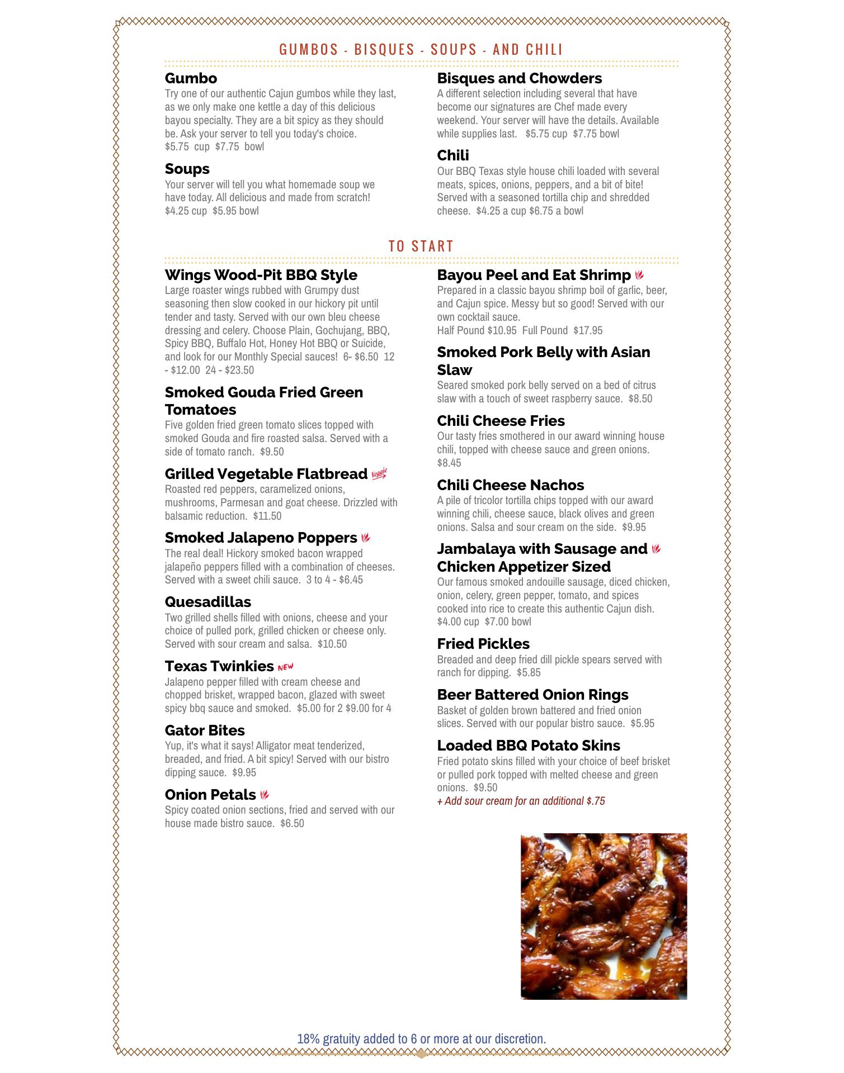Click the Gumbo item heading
click(191, 78)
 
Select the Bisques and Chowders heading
click(519, 78)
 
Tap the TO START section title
click(421, 246)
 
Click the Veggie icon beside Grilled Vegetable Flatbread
click(379, 474)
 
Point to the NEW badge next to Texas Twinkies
click(285, 667)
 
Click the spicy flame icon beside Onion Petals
click(265, 795)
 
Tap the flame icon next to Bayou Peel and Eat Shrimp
click(639, 275)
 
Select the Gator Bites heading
click(204, 730)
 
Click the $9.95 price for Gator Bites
click(244, 772)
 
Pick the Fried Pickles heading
click(483, 644)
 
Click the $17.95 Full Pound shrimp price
click(588, 330)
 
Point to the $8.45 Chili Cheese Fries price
click(449, 463)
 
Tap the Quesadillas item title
click(208, 602)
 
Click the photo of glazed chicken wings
click(603, 917)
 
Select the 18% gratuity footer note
click(421, 1039)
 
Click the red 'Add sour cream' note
click(521, 801)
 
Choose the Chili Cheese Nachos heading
click(510, 485)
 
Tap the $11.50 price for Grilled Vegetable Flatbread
click(267, 516)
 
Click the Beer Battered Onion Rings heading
click(532, 695)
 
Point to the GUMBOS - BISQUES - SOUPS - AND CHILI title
click(421, 50)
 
